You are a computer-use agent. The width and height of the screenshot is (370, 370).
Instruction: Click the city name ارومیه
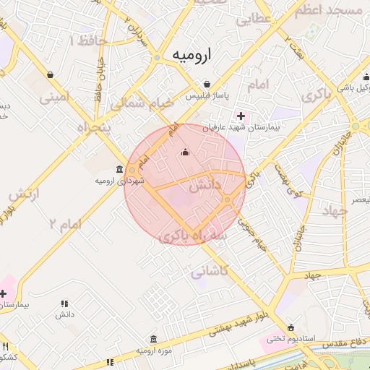coord(194,56)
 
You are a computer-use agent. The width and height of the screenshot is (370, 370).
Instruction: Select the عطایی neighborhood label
coord(253,20)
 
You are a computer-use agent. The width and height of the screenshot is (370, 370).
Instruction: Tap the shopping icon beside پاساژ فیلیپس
coord(207,83)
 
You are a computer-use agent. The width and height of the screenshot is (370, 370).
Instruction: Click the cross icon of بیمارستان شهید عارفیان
coord(241,116)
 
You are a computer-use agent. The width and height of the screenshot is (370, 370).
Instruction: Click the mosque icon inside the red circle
coord(185,152)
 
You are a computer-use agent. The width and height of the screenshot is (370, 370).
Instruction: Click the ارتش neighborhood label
coord(25,195)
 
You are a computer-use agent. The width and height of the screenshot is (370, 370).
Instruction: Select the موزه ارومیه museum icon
coord(153,339)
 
